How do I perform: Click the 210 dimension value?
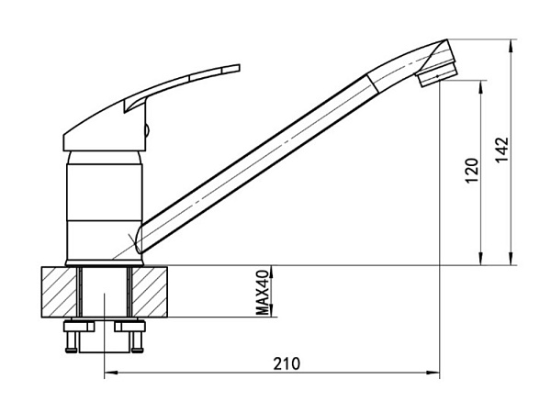click(x=287, y=364)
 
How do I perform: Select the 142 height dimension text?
click(x=501, y=150)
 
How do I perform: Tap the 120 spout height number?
click(x=472, y=171)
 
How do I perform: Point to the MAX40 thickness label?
click(x=263, y=293)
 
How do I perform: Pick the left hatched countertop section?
click(x=59, y=292)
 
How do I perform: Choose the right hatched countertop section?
click(x=150, y=292)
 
